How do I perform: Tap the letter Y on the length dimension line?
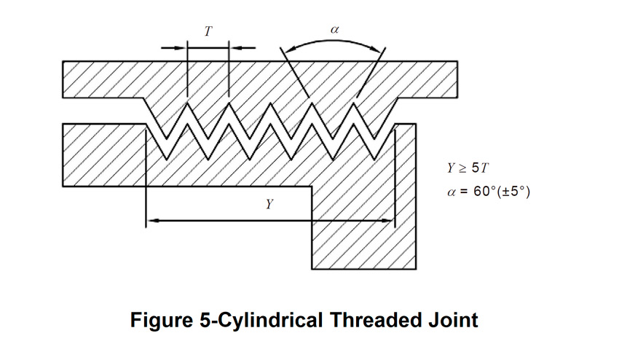pyautogui.click(x=269, y=206)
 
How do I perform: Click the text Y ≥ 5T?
pyautogui.click(x=468, y=168)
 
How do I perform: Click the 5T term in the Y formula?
pyautogui.click(x=481, y=168)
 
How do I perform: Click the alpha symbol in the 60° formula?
pyautogui.click(x=452, y=194)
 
